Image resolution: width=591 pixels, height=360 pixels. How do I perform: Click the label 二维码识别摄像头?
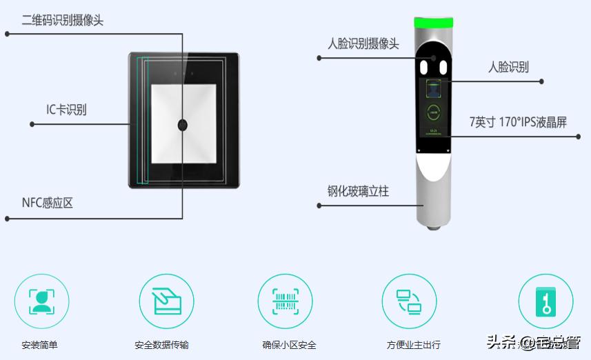tap(63, 21)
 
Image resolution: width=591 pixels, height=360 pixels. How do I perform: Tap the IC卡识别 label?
tap(66, 110)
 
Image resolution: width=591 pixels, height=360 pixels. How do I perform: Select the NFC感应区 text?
tap(48, 203)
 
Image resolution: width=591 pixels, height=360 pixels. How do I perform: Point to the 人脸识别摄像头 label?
tap(363, 43)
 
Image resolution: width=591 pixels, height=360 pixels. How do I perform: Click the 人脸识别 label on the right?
tap(508, 67)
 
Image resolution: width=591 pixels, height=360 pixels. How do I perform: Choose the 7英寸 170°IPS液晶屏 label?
tap(518, 122)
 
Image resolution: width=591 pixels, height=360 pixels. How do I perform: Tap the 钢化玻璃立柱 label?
tap(358, 191)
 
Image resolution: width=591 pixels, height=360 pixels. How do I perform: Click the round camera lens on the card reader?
tap(183, 125)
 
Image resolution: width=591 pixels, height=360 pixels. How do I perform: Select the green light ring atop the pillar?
tap(432, 22)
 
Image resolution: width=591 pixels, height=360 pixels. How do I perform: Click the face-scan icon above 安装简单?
tap(42, 301)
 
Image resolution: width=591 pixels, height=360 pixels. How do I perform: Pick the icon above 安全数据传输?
tap(166, 301)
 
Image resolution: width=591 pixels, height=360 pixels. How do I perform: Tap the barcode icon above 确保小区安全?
tap(286, 301)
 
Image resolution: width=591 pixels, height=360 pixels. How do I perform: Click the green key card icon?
tap(545, 301)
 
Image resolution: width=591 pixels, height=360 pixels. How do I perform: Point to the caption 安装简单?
tap(42, 345)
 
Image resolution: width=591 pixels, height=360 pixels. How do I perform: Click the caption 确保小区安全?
tap(289, 345)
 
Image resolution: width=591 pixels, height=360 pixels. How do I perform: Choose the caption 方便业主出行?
tap(413, 345)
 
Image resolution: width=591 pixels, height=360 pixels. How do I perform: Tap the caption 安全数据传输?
tap(161, 345)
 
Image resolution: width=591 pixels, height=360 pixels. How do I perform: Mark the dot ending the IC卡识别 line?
tap(32, 124)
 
